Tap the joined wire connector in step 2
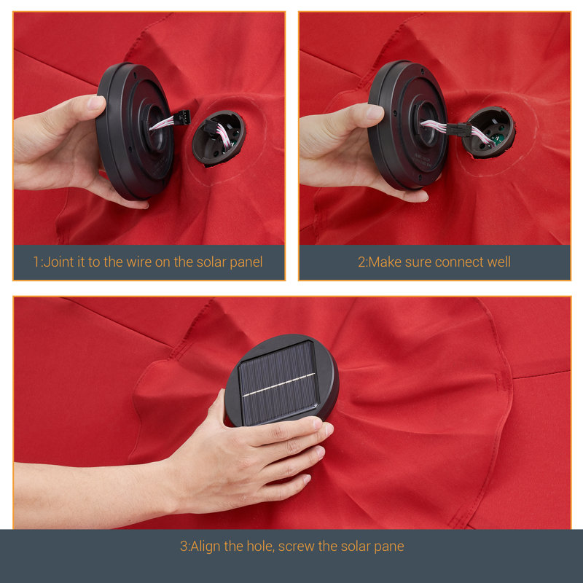(459, 130)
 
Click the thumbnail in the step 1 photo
(95, 103)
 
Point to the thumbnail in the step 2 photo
(375, 112)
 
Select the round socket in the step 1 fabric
(218, 138)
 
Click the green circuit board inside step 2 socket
(497, 138)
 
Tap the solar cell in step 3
(279, 383)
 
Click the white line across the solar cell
(279, 385)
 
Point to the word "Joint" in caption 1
(58, 262)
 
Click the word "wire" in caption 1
(138, 262)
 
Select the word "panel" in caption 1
(246, 262)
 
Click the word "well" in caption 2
(499, 262)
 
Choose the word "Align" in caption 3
(206, 547)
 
